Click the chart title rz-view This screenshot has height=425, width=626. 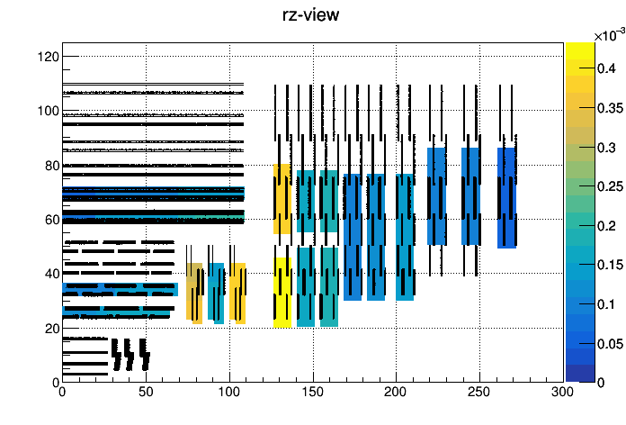click(310, 15)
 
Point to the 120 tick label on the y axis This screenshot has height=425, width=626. click(48, 57)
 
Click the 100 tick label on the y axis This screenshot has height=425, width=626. click(48, 111)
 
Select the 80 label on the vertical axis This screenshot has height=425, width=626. click(52, 166)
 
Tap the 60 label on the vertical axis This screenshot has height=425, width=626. click(52, 220)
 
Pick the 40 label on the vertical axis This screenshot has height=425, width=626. click(52, 274)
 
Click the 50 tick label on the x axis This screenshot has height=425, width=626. click(146, 392)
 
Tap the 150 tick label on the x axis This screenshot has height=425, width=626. click(313, 392)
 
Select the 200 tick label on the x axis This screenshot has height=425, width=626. click(396, 392)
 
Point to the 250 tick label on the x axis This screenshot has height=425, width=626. click(479, 392)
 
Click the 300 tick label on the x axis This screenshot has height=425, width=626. click(562, 392)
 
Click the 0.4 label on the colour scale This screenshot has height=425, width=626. click(606, 68)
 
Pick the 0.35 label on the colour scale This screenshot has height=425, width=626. click(610, 108)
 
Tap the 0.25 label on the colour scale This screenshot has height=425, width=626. click(610, 186)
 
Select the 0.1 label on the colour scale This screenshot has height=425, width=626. click(606, 304)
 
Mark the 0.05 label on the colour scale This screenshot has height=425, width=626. click(610, 344)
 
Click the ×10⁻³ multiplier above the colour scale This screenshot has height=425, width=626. click(610, 35)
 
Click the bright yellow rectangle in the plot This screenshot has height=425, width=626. click(282, 293)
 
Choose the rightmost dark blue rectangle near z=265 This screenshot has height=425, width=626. click(506, 198)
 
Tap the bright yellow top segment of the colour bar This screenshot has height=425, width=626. click(580, 51)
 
